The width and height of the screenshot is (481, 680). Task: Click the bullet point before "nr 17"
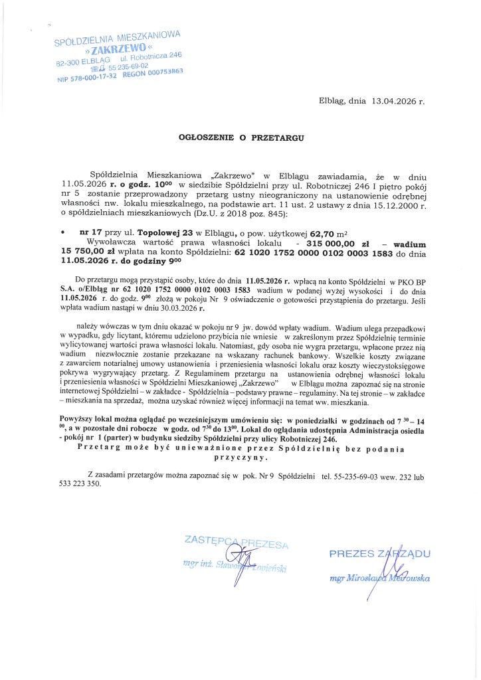[x=62, y=234]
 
